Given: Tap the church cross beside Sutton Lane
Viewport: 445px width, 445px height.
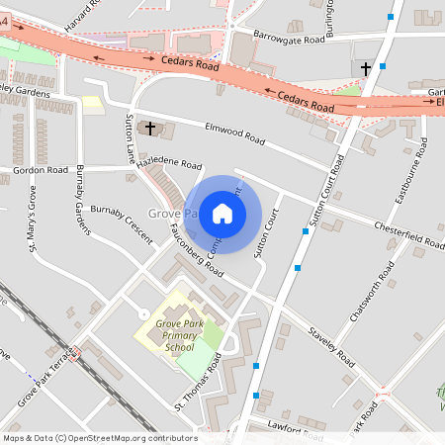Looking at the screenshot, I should tap(150, 128).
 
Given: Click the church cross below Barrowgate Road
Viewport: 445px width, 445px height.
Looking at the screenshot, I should tap(365, 68).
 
